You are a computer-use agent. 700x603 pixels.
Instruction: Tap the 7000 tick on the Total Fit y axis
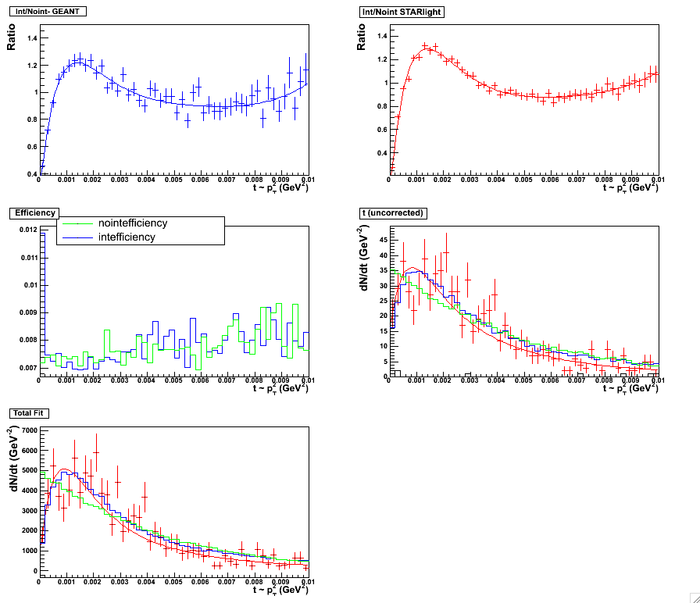(x=28, y=430)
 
